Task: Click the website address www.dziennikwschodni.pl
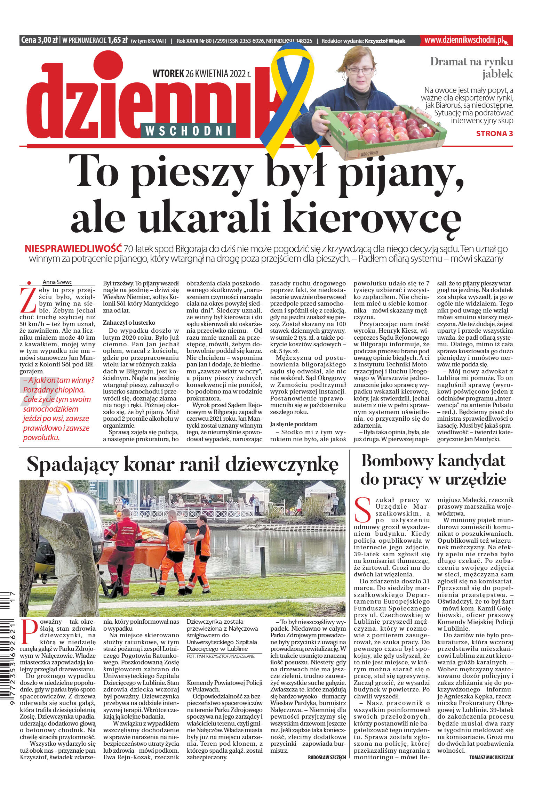click(464, 40)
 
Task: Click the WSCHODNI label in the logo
click(188, 131)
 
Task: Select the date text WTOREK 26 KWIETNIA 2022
click(201, 74)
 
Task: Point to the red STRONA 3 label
click(494, 133)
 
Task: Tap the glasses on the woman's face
click(360, 71)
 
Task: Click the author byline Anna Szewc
click(57, 282)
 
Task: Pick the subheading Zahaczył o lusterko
click(129, 323)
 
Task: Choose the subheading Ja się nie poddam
click(294, 424)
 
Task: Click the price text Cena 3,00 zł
click(39, 40)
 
